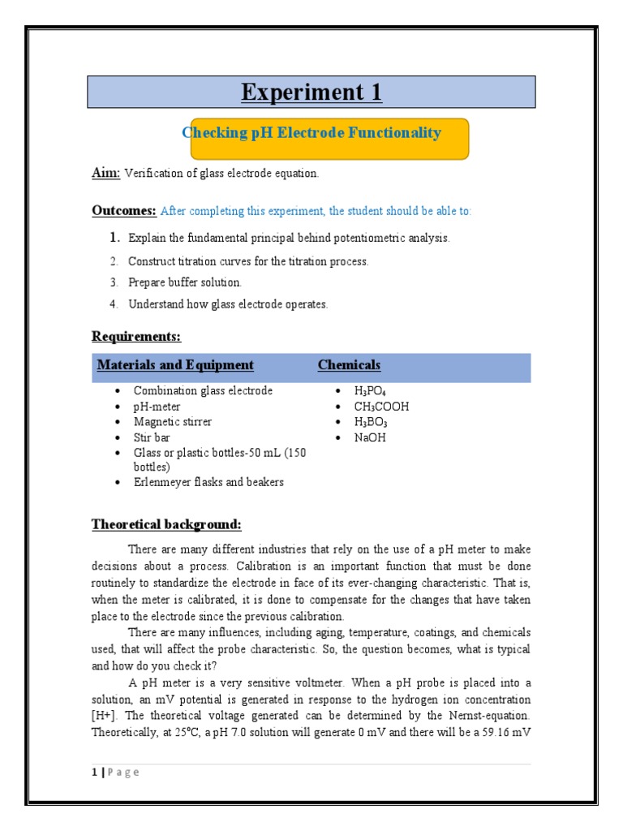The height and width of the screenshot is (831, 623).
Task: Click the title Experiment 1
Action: pyautogui.click(x=311, y=93)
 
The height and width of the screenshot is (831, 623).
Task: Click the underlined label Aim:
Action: pyautogui.click(x=105, y=173)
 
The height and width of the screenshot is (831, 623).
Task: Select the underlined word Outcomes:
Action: pyautogui.click(x=124, y=210)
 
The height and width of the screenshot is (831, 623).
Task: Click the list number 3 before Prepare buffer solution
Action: pyautogui.click(x=114, y=282)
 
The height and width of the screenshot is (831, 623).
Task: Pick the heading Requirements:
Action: pyautogui.click(x=135, y=336)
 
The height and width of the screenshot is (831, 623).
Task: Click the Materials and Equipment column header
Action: pyautogui.click(x=175, y=365)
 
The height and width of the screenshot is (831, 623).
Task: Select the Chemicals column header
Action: pyautogui.click(x=349, y=365)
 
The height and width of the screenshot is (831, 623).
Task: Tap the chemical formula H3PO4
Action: pyautogui.click(x=371, y=391)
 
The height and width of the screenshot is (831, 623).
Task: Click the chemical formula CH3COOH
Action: pyautogui.click(x=381, y=407)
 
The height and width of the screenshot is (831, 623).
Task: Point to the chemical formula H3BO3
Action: pyautogui.click(x=371, y=422)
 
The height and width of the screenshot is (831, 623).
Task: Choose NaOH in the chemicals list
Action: pyautogui.click(x=370, y=437)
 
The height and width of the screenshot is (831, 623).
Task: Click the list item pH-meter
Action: pyautogui.click(x=157, y=407)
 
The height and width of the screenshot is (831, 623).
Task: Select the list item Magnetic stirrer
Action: pyautogui.click(x=173, y=422)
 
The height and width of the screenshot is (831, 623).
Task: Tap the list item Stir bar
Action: pyautogui.click(x=152, y=437)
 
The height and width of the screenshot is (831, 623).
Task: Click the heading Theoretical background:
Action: pyautogui.click(x=166, y=523)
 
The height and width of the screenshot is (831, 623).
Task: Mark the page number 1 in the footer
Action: pyautogui.click(x=94, y=773)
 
